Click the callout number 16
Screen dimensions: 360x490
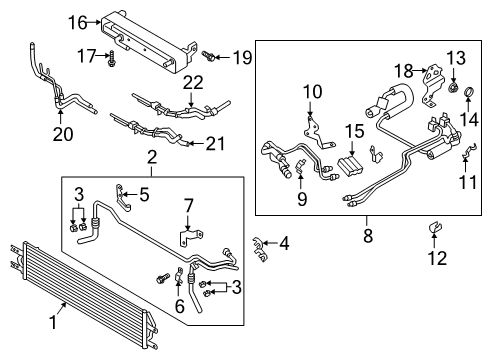(79, 21)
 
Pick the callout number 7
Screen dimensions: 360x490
(188, 206)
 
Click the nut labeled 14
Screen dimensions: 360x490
(462, 97)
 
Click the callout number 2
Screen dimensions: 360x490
(153, 156)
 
